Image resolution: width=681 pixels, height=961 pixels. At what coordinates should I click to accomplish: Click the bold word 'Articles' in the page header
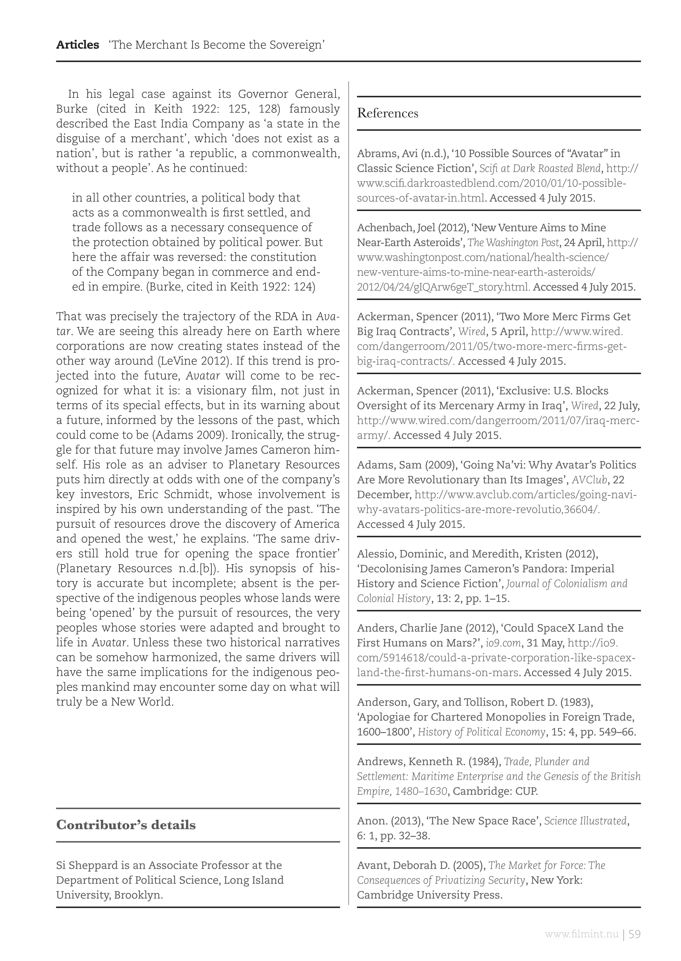[x=77, y=45]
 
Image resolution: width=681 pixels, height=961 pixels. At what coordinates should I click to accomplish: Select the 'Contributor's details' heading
[x=126, y=825]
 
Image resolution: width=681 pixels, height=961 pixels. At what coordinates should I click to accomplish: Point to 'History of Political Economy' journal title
[x=482, y=732]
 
